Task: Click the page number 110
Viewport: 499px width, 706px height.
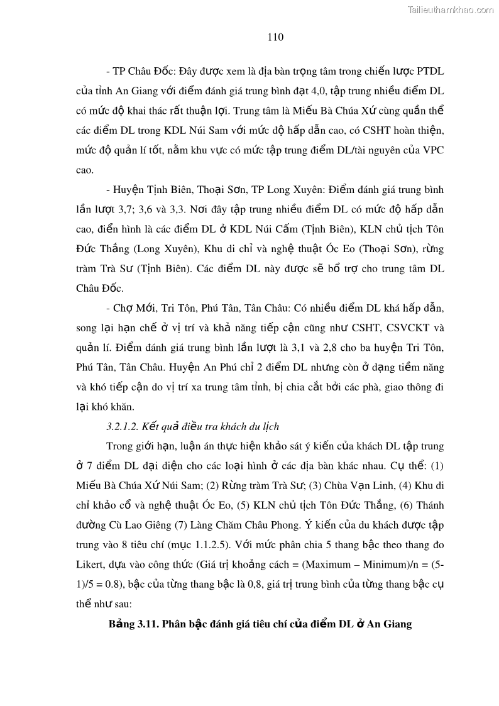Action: (275, 37)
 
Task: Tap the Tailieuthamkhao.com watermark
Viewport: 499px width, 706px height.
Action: (451, 9)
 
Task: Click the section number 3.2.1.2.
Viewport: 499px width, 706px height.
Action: (123, 427)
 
